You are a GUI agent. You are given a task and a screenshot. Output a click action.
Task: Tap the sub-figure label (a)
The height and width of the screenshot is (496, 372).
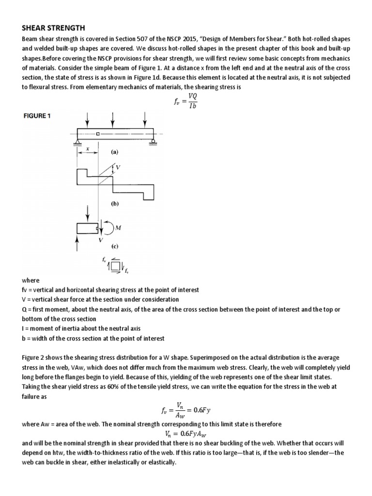point(114,152)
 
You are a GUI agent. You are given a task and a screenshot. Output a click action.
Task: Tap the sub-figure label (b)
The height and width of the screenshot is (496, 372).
point(114,204)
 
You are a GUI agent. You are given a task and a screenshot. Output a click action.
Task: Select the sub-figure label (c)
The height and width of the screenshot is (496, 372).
point(115,246)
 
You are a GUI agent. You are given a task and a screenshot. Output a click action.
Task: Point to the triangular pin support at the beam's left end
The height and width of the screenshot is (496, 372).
point(77,142)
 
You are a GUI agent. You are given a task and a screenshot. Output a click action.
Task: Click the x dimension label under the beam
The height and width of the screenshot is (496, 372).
point(88,149)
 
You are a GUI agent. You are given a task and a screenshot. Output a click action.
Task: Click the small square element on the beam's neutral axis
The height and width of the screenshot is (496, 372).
point(98,134)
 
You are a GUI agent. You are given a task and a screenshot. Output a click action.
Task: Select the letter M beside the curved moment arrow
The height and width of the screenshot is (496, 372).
point(118,228)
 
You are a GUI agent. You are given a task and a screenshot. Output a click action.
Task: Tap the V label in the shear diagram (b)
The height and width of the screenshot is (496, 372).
point(119,168)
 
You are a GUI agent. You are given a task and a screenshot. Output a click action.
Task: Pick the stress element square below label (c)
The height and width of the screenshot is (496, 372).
point(115,265)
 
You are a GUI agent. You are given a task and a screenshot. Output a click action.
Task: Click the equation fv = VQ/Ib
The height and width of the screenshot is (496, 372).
point(186,101)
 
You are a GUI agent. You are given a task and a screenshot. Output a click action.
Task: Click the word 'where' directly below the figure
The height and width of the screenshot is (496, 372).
point(31,280)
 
